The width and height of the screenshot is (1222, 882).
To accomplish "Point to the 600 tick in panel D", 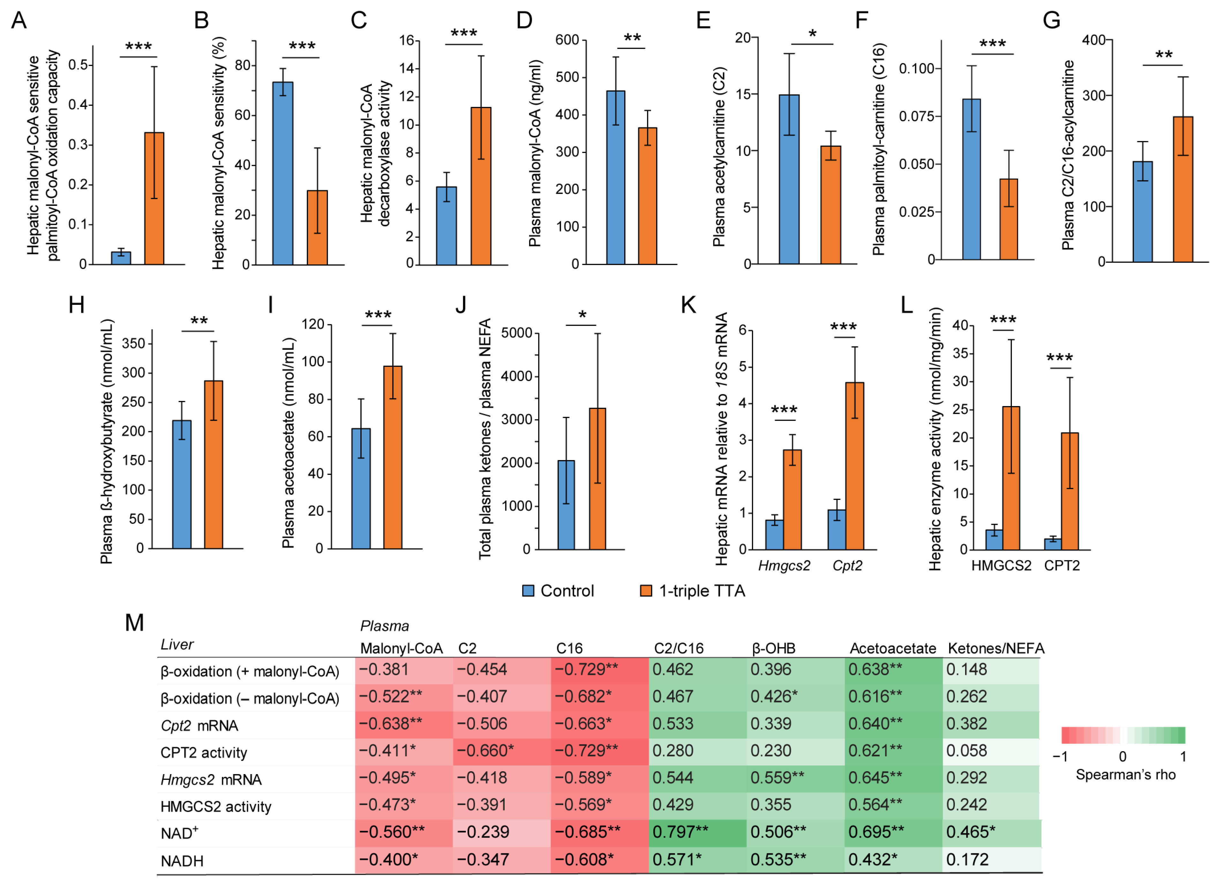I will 567,40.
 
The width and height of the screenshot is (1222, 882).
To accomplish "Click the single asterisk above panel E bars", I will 812,34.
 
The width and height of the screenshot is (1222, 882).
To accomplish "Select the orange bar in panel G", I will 1183,189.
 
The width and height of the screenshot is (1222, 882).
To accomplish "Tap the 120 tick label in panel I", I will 313,324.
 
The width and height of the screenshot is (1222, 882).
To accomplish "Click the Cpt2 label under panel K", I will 847,566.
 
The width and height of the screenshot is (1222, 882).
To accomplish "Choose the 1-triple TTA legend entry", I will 692,591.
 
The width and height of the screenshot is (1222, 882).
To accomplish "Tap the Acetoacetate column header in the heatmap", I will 892,648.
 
